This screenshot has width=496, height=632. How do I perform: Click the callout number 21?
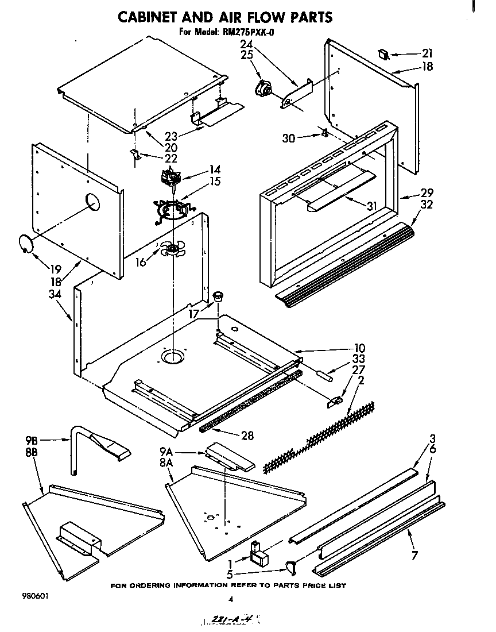(427, 53)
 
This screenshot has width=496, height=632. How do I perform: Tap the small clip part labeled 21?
(383, 55)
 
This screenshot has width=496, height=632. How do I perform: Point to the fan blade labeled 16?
(171, 249)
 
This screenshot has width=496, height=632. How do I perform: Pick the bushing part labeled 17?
(218, 296)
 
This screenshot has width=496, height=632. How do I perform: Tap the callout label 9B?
(32, 441)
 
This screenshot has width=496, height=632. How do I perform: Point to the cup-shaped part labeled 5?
(291, 569)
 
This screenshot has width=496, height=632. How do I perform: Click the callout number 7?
(414, 555)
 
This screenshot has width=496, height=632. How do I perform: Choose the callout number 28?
(247, 436)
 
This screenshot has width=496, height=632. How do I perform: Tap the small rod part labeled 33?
(323, 376)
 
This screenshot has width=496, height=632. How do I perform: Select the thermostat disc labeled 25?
(265, 89)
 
